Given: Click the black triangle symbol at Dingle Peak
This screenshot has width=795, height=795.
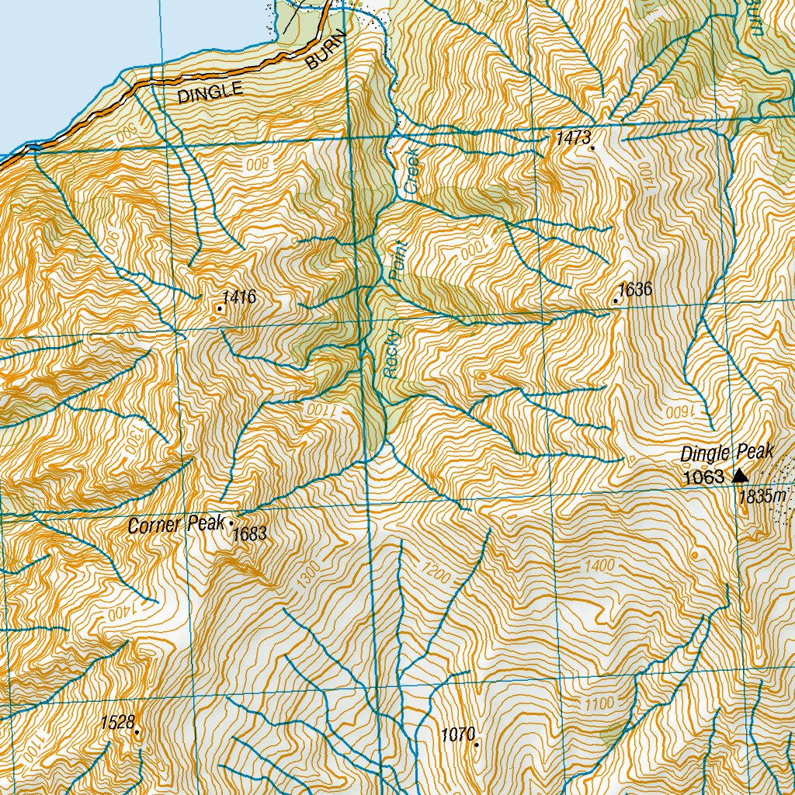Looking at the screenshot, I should [x=739, y=475].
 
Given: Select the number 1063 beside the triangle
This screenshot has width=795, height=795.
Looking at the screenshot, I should [x=703, y=477].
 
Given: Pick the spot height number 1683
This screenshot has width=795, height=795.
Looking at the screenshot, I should [x=250, y=533].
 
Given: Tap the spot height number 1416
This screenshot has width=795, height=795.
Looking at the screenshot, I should [x=238, y=297].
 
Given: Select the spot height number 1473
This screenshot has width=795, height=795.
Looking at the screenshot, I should [x=573, y=138].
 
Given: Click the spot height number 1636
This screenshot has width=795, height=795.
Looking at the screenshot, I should [x=636, y=290].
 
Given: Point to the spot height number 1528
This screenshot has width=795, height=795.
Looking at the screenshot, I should [x=117, y=723].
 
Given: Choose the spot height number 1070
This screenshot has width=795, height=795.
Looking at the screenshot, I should [x=457, y=734].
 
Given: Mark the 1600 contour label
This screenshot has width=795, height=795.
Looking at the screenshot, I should [x=674, y=408].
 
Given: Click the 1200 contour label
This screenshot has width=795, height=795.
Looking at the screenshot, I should [x=439, y=572].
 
